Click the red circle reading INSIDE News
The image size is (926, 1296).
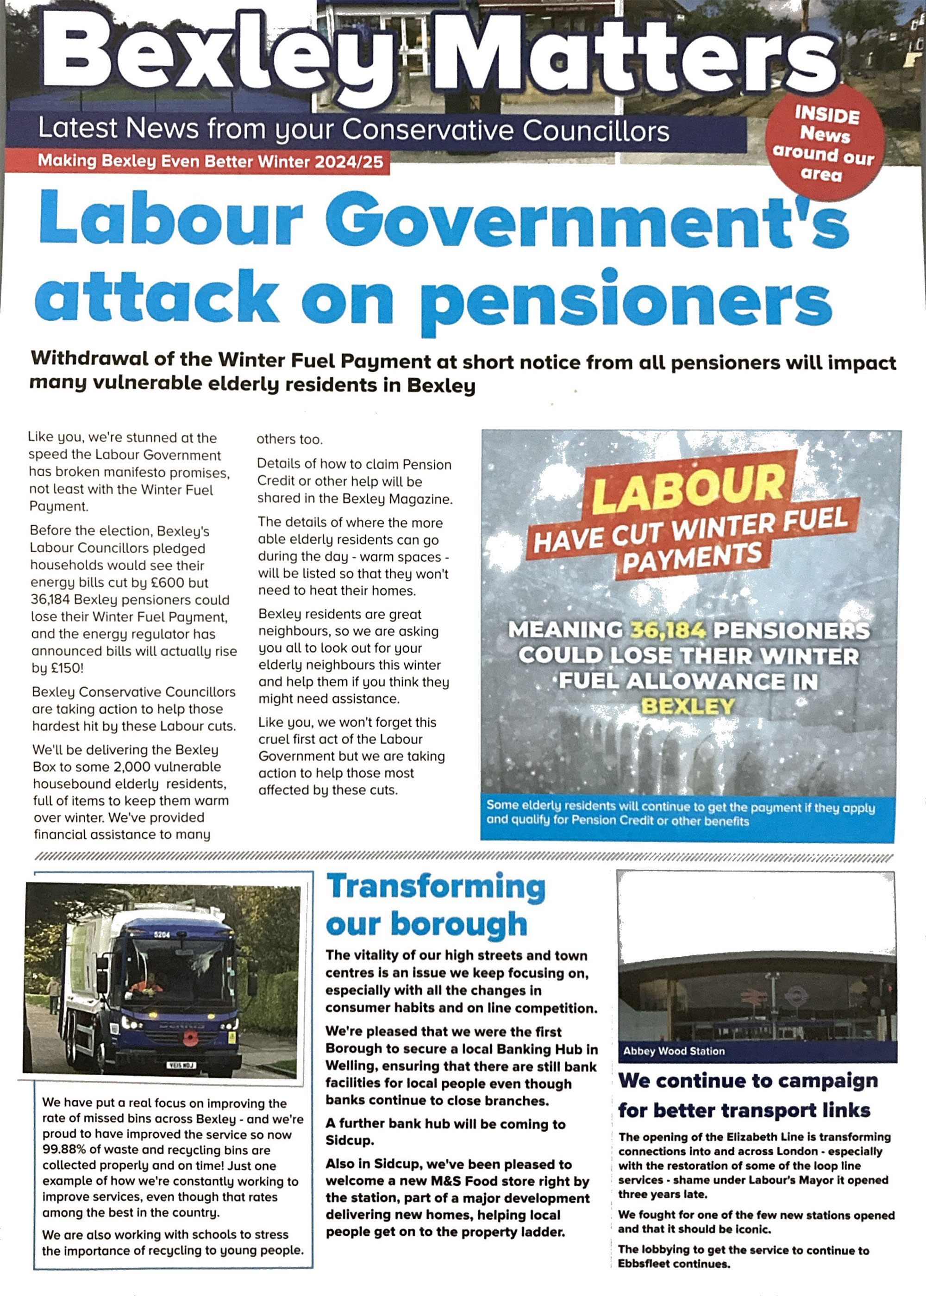click(825, 143)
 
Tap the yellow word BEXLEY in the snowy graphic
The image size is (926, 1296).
click(688, 707)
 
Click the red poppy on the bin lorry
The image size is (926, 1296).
click(190, 1037)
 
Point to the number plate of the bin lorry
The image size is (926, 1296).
click(181, 1065)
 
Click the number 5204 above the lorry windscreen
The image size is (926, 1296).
click(163, 935)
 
